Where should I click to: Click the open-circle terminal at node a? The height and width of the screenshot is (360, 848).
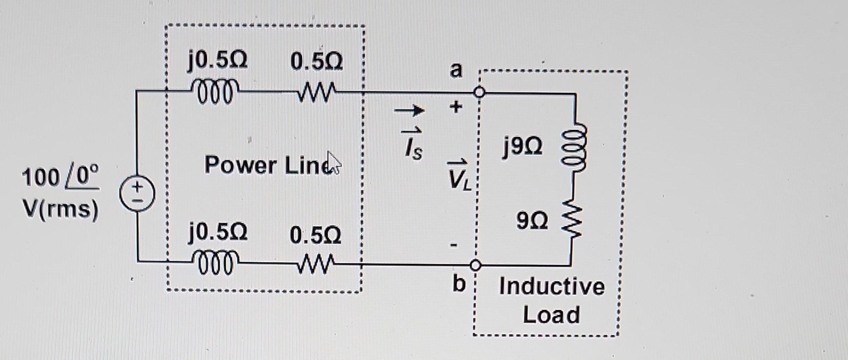pos(479,92)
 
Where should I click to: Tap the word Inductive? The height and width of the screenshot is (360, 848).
pos(552,286)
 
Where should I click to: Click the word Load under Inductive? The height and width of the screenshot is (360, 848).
pos(551,314)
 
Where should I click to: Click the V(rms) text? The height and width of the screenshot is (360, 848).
pos(60,208)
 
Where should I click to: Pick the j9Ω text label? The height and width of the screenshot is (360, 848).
pos(522,147)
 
